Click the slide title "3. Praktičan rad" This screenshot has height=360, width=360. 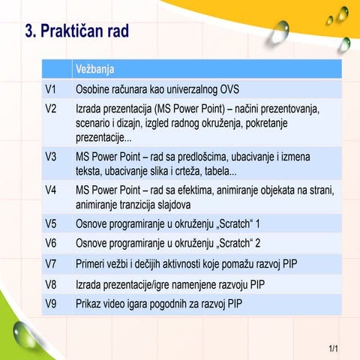pyautogui.click(x=77, y=32)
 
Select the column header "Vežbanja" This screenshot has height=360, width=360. pyautogui.click(x=94, y=70)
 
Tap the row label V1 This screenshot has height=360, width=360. pyautogui.click(x=51, y=89)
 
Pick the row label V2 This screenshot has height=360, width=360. pyautogui.click(x=51, y=109)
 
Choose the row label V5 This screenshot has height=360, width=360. pyautogui.click(x=51, y=223)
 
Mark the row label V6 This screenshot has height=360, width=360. pyautogui.click(x=51, y=243)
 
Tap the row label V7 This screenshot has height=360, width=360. pyautogui.click(x=51, y=264)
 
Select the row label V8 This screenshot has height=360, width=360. pyautogui.click(x=51, y=284)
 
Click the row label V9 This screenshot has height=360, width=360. pyautogui.click(x=51, y=304)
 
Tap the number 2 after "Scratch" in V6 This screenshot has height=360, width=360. pyautogui.click(x=258, y=243)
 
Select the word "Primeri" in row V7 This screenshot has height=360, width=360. pyautogui.click(x=93, y=264)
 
